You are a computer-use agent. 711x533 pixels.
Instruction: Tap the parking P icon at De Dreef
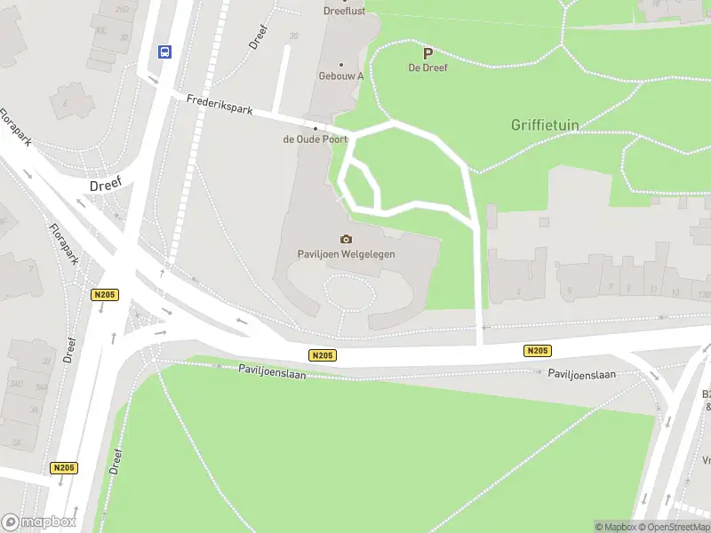coord(427,53)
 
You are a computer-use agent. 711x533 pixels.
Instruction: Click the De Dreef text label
coord(427,68)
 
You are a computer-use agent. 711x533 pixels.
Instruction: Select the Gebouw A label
coord(341,76)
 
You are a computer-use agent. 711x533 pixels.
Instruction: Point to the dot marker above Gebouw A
coord(341,64)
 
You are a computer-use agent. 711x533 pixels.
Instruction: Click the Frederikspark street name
coord(220,105)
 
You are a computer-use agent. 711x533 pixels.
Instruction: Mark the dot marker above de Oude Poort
coord(314,127)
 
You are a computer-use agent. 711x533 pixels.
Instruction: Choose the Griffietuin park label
coord(544,125)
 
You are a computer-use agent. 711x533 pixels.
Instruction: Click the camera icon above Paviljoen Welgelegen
coord(346,239)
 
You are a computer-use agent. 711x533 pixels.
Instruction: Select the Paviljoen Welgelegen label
coord(346,253)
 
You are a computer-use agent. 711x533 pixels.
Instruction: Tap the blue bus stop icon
coord(164,52)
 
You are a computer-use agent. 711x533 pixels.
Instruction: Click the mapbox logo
coord(38,522)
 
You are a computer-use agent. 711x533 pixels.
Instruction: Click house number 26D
coord(122,10)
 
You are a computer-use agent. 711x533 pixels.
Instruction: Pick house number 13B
coord(704,293)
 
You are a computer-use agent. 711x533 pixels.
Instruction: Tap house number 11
coord(654,290)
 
